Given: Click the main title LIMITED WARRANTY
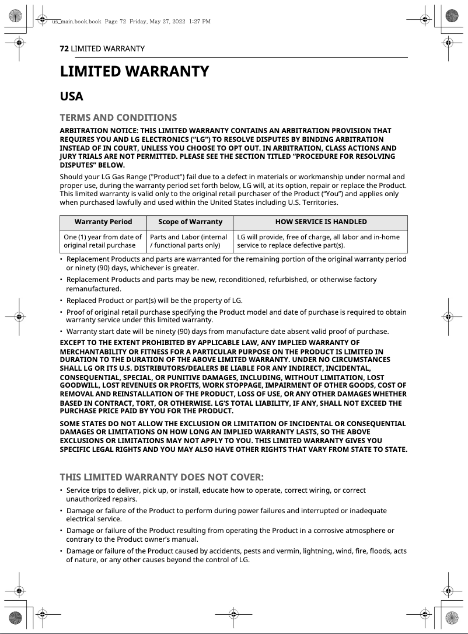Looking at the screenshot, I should point(134,72).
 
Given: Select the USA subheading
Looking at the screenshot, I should point(72,96).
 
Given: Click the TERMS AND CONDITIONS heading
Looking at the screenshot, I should point(118,118).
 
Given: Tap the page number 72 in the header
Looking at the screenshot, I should point(64,48).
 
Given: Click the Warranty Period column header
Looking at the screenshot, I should point(103,222).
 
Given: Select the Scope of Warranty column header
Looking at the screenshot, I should point(190,222).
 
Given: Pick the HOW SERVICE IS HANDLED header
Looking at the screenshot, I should point(321,222).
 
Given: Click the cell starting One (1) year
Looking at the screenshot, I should point(103,241).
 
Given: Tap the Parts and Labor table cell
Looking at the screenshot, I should point(189,241).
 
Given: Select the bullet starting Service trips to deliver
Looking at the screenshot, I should point(216,494).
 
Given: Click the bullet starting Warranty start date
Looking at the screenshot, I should point(228,332).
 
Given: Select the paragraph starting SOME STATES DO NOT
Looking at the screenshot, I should point(233,436).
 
